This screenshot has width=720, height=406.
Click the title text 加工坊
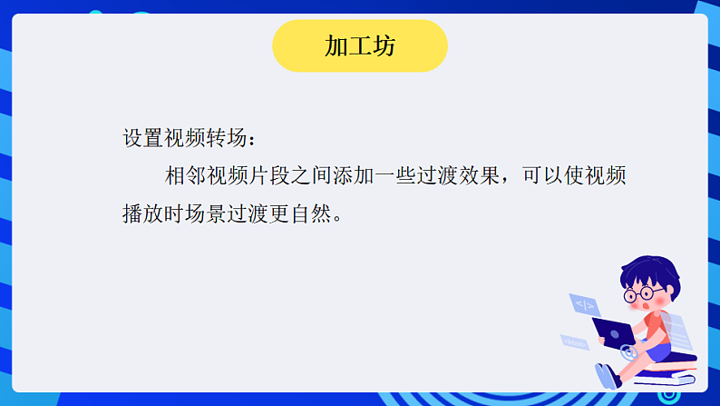pos(360,46)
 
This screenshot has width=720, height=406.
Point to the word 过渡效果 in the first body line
pos(459,176)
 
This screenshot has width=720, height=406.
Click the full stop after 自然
pos(338,220)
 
